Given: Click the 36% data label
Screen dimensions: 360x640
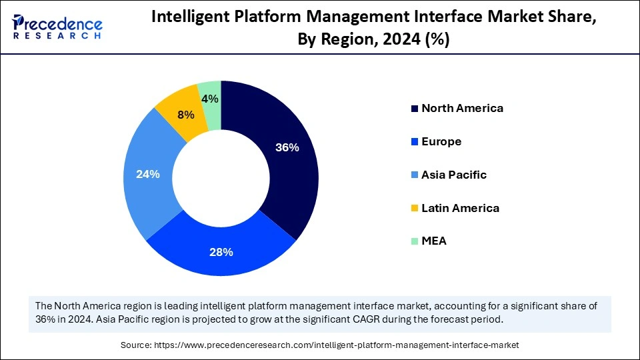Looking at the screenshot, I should click(287, 148).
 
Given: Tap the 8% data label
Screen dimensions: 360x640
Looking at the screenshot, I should click(185, 115).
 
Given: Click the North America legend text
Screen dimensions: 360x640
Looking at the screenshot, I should click(462, 108).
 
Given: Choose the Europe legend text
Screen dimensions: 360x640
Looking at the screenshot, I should click(441, 141).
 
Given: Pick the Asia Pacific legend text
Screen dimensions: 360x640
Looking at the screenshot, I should click(454, 175).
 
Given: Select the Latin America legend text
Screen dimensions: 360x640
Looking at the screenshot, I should click(460, 208).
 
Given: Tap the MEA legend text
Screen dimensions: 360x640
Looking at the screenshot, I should click(434, 241).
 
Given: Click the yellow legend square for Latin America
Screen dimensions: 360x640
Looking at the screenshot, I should click(415, 209).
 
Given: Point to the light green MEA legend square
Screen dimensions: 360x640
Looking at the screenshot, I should click(415, 241).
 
